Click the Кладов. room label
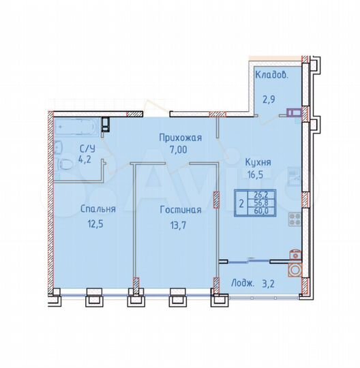(x=271, y=75)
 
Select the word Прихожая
(x=181, y=138)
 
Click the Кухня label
(x=258, y=162)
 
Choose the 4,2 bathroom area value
(x=86, y=160)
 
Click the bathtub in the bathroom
(x=77, y=126)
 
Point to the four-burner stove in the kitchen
(x=295, y=220)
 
